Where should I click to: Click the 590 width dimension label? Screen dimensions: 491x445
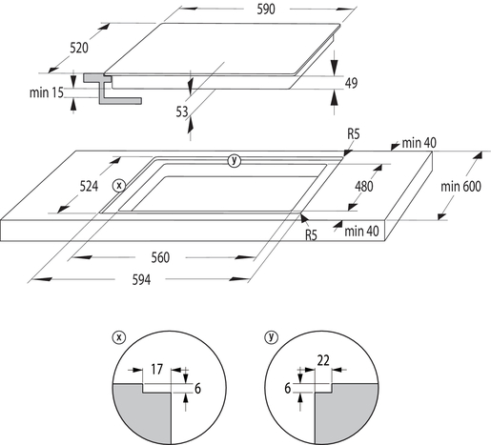pyautogui.click(x=266, y=10)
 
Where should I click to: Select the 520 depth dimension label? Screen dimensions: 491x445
pyautogui.click(x=79, y=48)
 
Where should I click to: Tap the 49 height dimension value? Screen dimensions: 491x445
pyautogui.click(x=351, y=83)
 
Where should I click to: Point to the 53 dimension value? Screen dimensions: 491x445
pyautogui.click(x=182, y=111)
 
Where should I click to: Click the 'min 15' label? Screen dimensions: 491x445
pyautogui.click(x=47, y=92)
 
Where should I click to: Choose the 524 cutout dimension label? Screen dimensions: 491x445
pyautogui.click(x=89, y=186)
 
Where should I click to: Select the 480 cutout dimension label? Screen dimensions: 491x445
pyautogui.click(x=364, y=187)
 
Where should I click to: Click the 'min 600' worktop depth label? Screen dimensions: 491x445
pyautogui.click(x=460, y=187)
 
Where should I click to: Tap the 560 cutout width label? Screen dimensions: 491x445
pyautogui.click(x=160, y=257)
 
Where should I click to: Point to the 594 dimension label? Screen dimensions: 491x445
pyautogui.click(x=141, y=280)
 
